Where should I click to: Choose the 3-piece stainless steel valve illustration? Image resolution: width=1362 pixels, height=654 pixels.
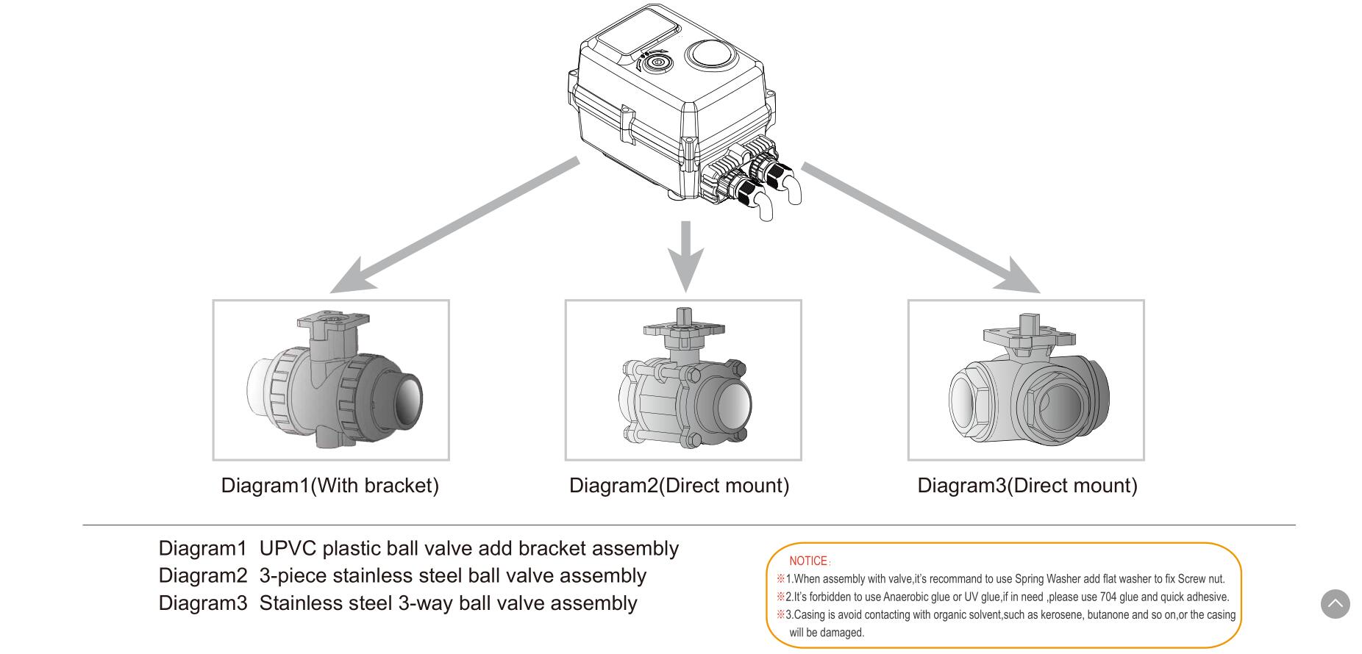pos(684,382)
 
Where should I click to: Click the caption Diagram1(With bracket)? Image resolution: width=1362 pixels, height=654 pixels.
pos(329,486)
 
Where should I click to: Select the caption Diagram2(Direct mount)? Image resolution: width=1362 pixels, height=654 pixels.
pos(679,486)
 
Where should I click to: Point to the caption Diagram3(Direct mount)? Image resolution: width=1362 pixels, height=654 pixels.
pos(1027,486)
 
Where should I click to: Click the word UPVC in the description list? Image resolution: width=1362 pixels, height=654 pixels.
pos(288,549)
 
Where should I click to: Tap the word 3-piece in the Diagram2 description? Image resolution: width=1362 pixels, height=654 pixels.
pos(293,576)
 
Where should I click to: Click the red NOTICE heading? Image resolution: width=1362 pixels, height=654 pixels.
pos(808,561)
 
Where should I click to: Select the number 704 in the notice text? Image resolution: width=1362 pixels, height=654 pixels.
pos(1108,597)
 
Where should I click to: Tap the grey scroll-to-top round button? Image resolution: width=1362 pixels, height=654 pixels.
pos(1335,604)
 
